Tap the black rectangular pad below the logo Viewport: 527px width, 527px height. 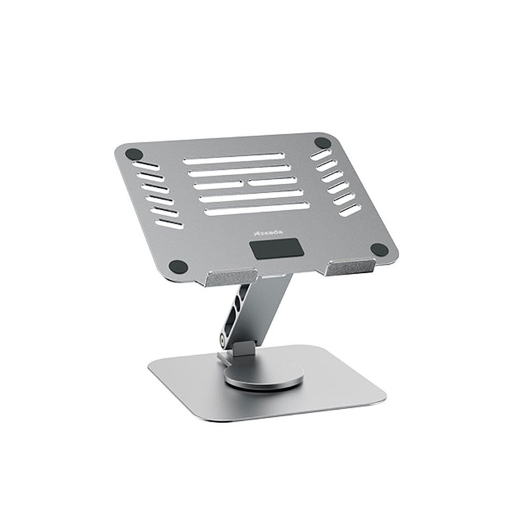point(277,249)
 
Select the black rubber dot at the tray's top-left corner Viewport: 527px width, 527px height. point(134,153)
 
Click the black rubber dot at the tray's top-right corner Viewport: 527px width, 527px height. point(322,142)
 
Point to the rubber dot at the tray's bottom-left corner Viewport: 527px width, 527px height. point(178,266)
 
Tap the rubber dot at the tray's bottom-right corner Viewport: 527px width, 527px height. point(379,250)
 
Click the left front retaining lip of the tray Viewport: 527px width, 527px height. point(231,277)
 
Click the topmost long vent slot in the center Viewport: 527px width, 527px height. point(233,159)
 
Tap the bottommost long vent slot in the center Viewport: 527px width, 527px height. point(257,209)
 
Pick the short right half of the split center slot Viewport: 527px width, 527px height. point(272,180)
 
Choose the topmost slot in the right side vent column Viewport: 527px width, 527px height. point(320,154)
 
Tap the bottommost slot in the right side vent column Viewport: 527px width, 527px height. point(349,210)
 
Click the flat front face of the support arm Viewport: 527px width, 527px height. point(267,310)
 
